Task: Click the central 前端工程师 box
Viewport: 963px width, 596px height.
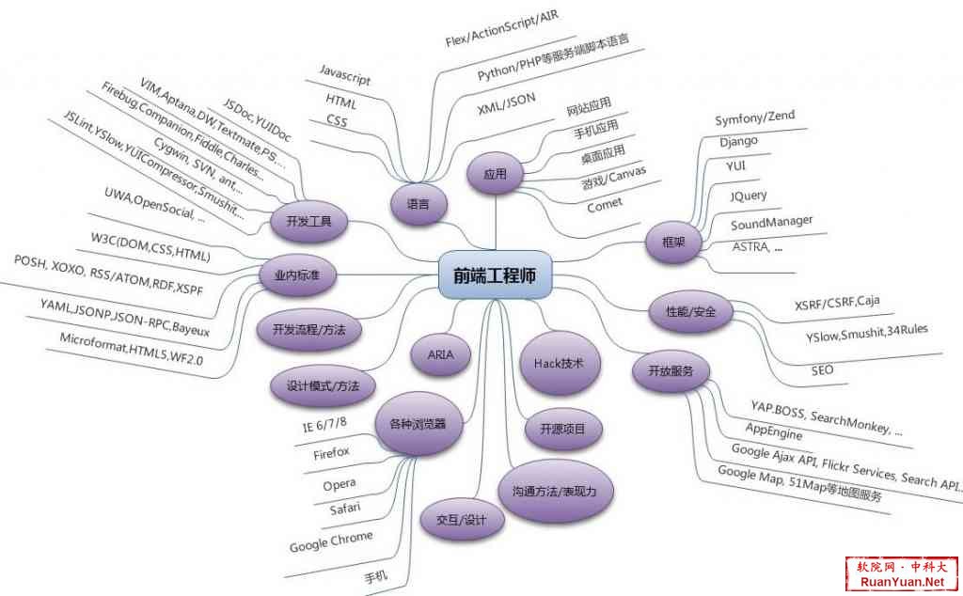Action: [x=495, y=275]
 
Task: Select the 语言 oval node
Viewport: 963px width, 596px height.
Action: [x=418, y=204]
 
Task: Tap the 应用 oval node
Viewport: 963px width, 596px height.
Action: [x=495, y=174]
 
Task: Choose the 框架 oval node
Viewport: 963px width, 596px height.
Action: [x=673, y=243]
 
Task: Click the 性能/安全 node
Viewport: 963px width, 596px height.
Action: [x=691, y=312]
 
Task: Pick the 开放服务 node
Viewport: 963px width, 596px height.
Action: [x=671, y=370]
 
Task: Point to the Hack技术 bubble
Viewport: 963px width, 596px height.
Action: [x=559, y=364]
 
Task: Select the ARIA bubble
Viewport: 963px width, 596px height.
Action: [x=440, y=354]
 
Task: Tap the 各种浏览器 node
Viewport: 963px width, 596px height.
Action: [x=418, y=424]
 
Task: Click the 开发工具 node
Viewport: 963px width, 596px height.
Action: [x=308, y=221]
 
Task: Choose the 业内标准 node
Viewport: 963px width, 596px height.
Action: [x=297, y=275]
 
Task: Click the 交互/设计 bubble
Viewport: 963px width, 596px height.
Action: [x=462, y=520]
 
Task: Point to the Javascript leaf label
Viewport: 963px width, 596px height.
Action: [x=344, y=75]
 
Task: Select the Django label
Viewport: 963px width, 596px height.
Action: [x=739, y=142]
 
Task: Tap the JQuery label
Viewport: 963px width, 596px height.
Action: [x=748, y=196]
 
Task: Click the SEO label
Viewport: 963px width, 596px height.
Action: [x=822, y=370]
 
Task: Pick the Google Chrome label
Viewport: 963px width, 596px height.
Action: [x=331, y=541]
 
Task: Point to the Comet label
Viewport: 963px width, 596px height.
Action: [x=605, y=205]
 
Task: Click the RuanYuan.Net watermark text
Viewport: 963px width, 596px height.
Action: [x=902, y=581]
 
